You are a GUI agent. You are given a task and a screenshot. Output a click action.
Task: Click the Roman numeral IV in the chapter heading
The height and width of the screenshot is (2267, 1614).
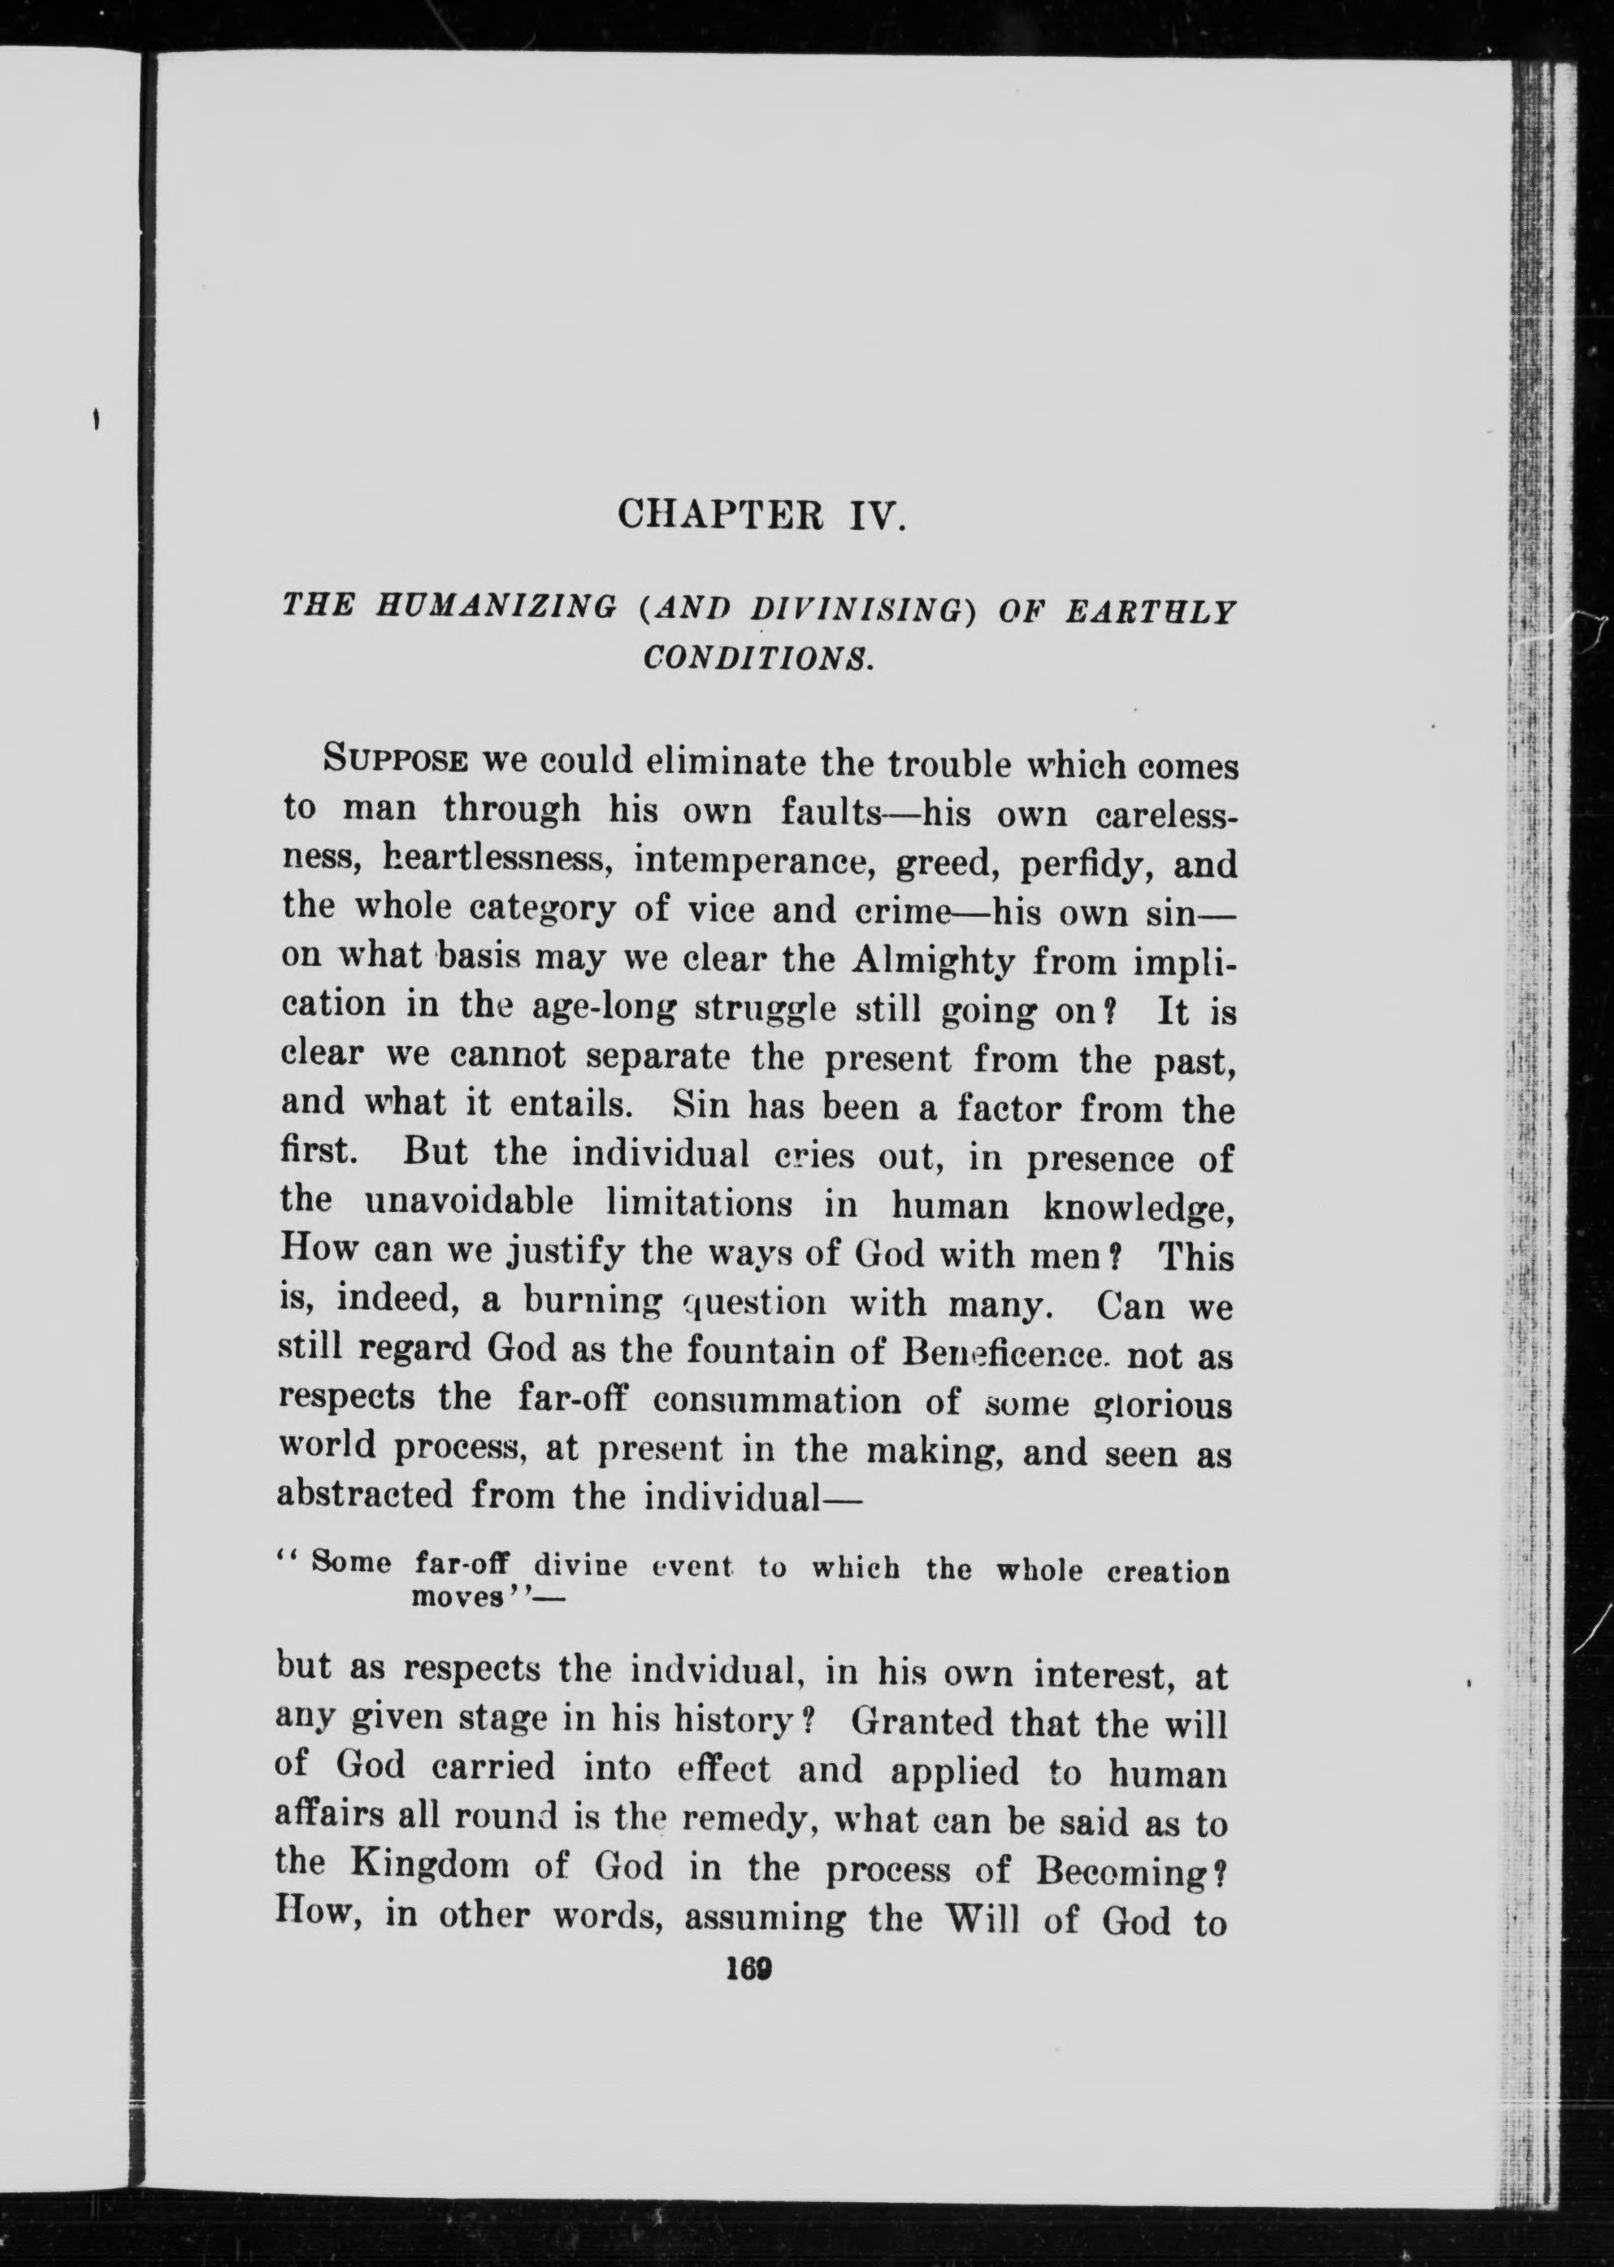click(x=877, y=517)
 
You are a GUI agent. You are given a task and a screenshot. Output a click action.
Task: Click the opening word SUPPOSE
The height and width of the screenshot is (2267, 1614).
click(x=393, y=762)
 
